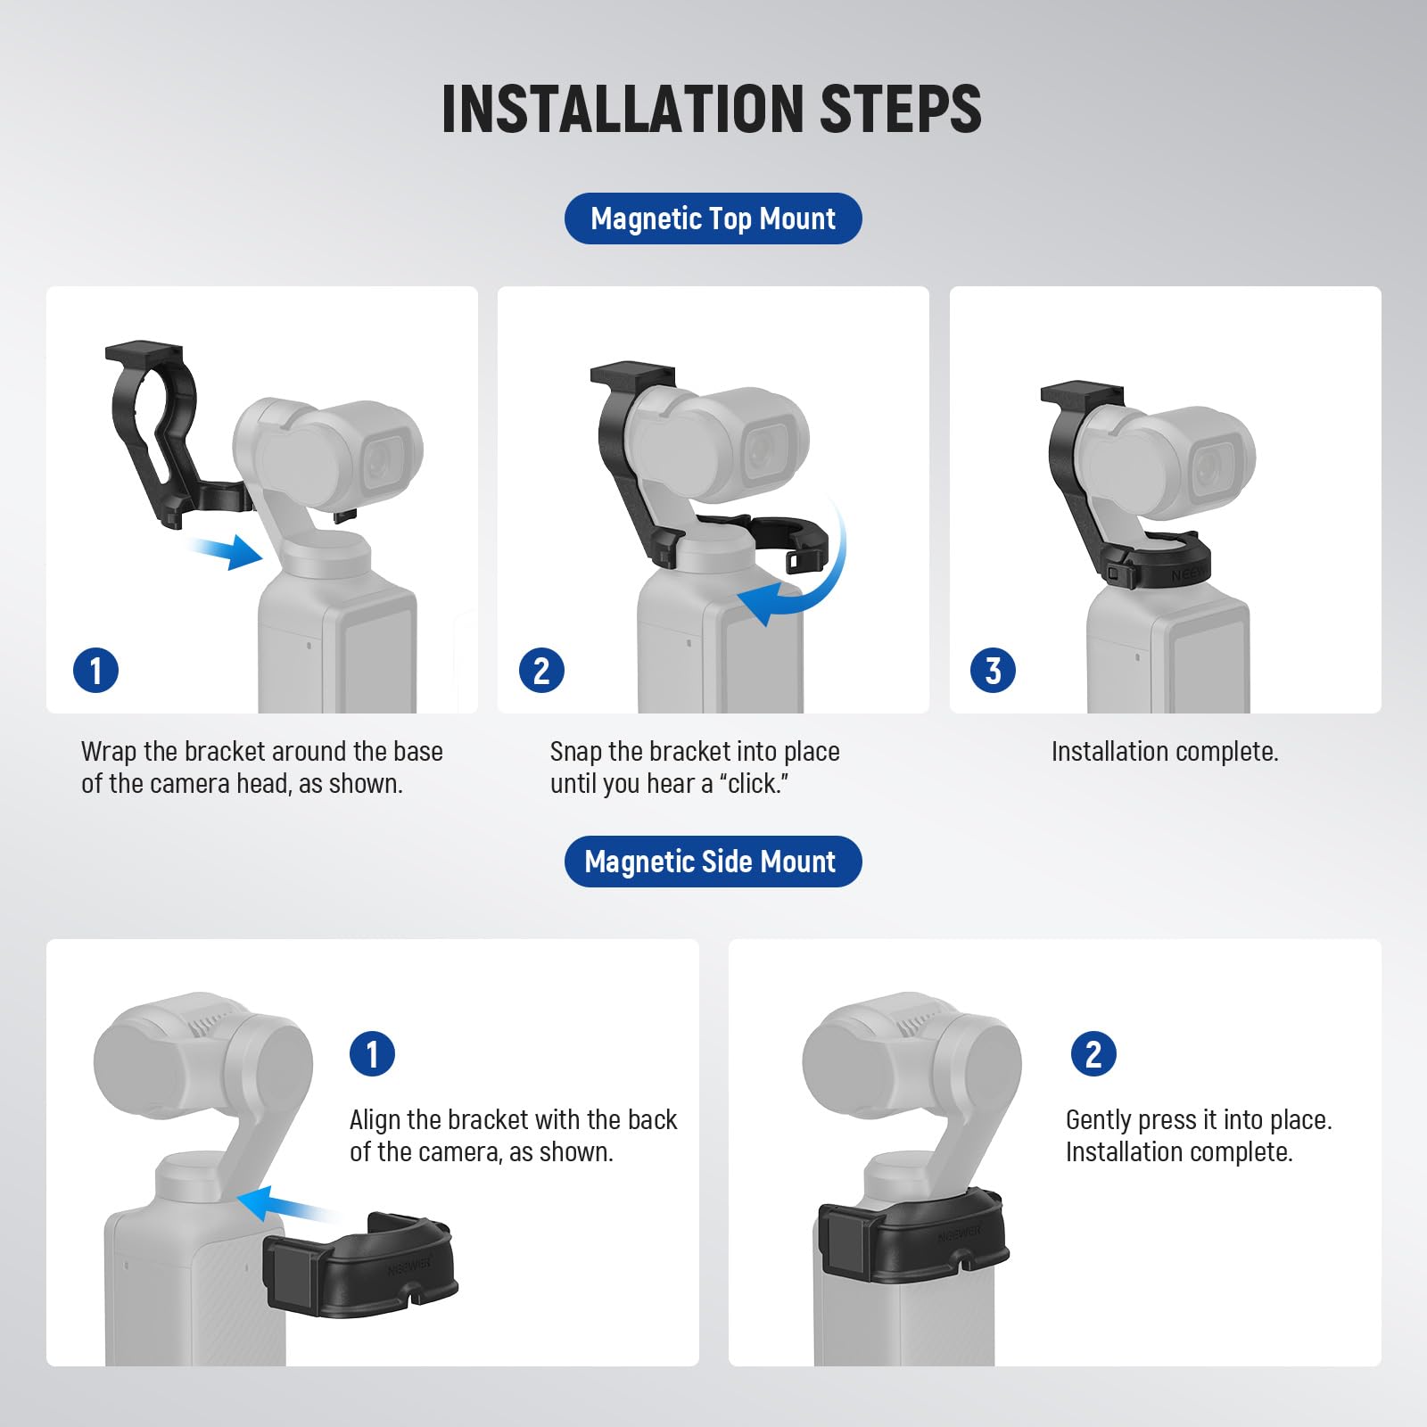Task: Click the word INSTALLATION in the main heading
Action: (x=622, y=109)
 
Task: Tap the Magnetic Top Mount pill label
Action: (x=713, y=219)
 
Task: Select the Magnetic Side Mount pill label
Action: (x=713, y=862)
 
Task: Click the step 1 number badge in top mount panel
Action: (x=95, y=671)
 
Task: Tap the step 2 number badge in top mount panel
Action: (x=541, y=671)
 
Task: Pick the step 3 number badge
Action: (x=993, y=671)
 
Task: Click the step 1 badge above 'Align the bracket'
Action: (x=372, y=1054)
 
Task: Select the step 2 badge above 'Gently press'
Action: (x=1093, y=1054)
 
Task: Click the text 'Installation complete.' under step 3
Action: (x=1164, y=752)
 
